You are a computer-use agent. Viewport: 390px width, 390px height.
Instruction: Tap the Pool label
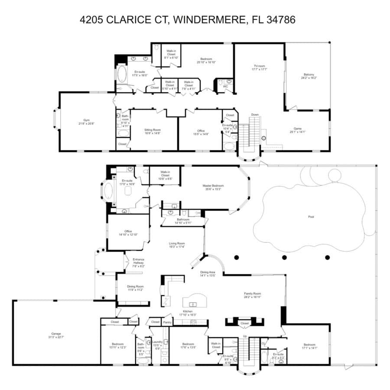tap(311, 217)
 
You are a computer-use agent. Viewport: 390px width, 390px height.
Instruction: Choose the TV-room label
tap(259, 67)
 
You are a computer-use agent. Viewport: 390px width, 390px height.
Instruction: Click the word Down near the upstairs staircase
tap(255, 115)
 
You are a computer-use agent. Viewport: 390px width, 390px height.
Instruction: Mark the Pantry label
tap(167, 322)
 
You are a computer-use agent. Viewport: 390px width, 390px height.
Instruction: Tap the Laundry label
tap(157, 342)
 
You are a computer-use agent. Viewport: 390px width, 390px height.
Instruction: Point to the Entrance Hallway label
tap(138, 261)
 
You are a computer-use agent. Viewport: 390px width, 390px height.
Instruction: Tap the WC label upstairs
tap(225, 86)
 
